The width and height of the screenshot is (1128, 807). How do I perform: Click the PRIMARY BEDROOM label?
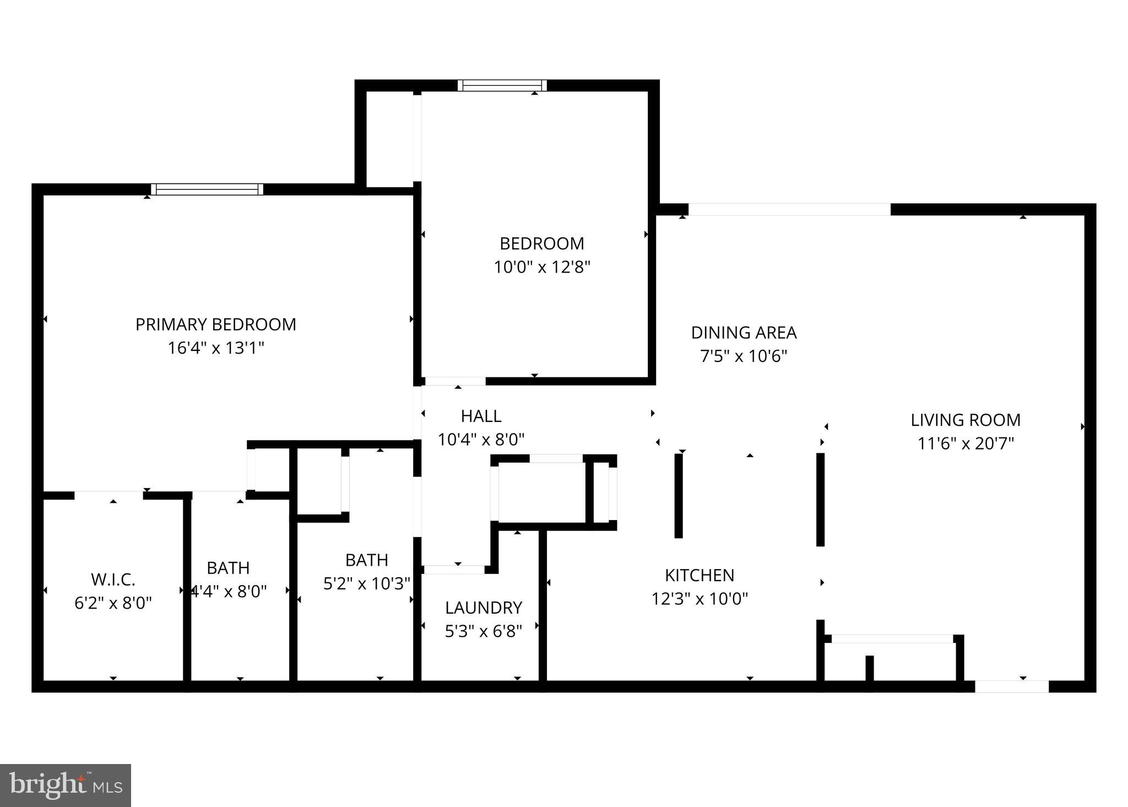pos(215,324)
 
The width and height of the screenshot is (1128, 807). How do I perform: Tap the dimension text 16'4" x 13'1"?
pos(215,348)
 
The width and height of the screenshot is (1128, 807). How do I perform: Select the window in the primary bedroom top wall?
pos(207,189)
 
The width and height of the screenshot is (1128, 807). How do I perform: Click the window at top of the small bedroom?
pos(502,85)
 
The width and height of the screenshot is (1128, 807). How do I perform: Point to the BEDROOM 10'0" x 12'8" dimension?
pos(542,267)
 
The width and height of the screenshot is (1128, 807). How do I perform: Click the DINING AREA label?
pos(744,333)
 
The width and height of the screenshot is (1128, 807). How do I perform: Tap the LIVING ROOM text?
pos(965,420)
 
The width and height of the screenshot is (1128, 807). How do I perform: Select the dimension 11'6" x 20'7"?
pos(965,443)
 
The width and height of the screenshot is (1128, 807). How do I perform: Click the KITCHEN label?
pos(699,575)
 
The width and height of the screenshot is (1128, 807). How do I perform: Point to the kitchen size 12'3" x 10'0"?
pos(699,599)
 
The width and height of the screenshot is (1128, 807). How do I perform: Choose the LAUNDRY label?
pos(483,608)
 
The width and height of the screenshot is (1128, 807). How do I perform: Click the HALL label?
pos(481,416)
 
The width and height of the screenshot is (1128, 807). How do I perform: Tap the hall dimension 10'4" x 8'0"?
pos(481,440)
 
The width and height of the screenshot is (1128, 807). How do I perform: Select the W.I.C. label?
pos(113,579)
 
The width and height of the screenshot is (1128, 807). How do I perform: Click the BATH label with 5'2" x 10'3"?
pos(366,560)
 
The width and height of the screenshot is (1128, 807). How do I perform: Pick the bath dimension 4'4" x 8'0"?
pos(228,592)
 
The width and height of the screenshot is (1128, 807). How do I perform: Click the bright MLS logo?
pos(66,785)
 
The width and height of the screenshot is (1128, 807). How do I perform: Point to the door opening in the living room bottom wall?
pos(1011,686)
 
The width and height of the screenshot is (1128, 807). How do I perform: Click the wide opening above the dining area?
pos(789,209)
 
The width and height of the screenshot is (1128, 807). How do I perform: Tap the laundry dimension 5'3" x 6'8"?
pos(483,631)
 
